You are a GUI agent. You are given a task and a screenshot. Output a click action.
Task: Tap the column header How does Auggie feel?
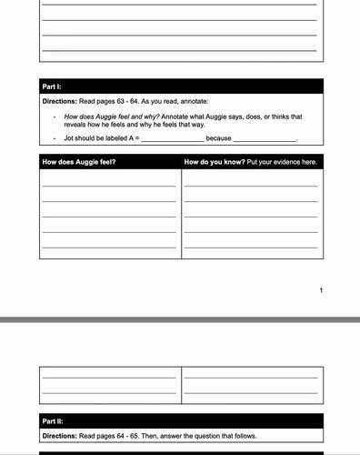[x=79, y=162]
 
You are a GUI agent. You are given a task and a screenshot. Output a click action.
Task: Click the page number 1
[x=321, y=290]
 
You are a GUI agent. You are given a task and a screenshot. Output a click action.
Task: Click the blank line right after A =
[x=172, y=139]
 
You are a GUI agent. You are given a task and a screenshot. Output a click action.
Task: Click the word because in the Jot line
[x=218, y=138]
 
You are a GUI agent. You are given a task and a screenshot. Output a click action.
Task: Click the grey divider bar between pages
[x=180, y=320]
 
